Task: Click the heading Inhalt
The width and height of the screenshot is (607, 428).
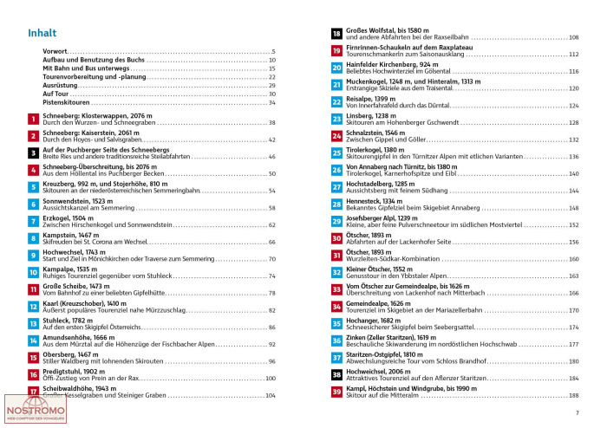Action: [x=42, y=34]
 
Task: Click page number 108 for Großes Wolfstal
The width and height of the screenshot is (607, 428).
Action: [x=573, y=37]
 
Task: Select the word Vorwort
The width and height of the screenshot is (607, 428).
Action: [x=54, y=52]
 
